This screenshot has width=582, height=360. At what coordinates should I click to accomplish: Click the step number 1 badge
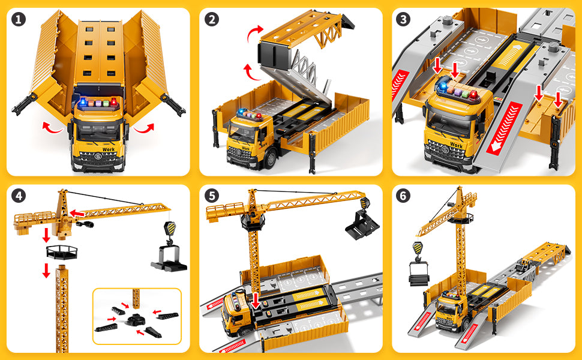[19, 19]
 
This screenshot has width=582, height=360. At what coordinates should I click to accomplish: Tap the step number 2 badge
[212, 19]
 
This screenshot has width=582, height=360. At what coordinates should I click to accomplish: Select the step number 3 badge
[403, 19]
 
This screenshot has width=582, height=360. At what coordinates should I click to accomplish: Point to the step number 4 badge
[19, 196]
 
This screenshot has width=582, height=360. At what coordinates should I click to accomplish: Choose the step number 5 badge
[212, 196]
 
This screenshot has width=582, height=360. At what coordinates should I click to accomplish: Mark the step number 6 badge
[403, 196]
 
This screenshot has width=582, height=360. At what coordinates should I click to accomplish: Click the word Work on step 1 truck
[109, 149]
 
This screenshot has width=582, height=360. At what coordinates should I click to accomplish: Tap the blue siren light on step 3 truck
[442, 86]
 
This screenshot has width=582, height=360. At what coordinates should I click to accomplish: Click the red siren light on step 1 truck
[113, 102]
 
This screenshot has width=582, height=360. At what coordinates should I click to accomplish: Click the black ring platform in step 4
[62, 252]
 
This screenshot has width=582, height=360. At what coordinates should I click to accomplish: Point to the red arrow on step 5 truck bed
[256, 300]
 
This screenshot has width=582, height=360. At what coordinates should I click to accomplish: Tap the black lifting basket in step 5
[362, 224]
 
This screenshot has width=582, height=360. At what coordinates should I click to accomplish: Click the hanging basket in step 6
[418, 274]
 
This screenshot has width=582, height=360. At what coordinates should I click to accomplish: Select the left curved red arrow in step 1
[52, 128]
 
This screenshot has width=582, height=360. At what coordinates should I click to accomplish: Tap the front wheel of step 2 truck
[271, 160]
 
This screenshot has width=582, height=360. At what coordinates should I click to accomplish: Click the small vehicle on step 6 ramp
[524, 265]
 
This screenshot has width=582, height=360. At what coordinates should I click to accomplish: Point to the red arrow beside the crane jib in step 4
[77, 214]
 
